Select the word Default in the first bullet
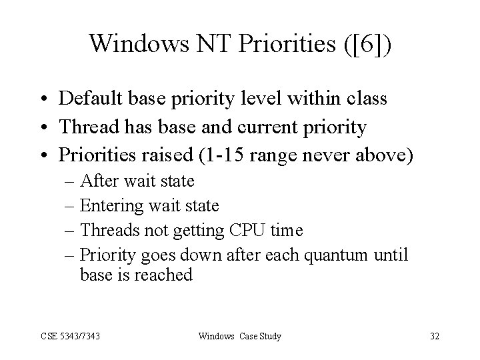(89, 99)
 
